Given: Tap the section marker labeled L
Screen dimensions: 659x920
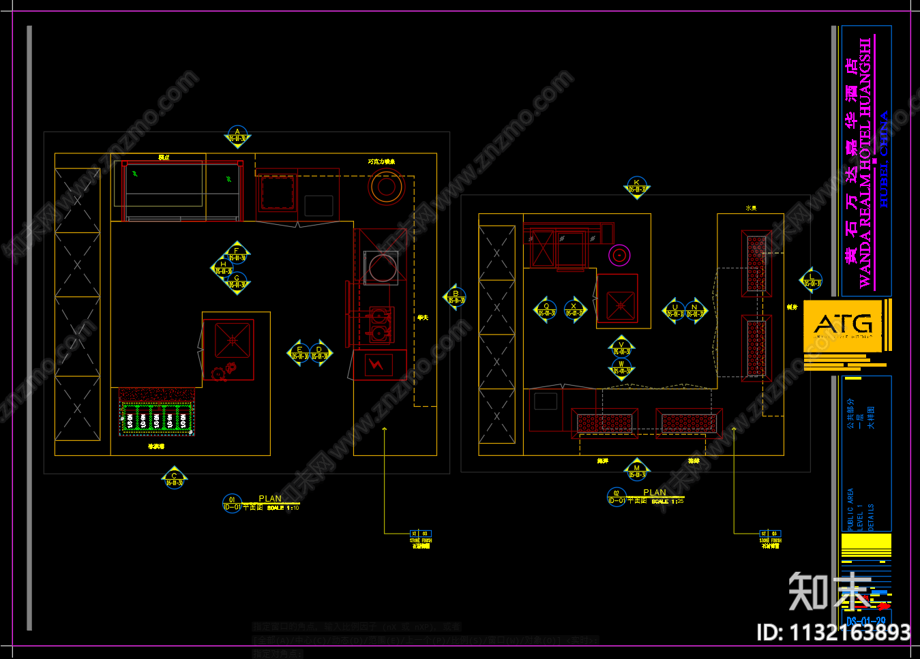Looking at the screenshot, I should [811, 280].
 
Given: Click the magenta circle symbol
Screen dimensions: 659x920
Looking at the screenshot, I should [619, 256].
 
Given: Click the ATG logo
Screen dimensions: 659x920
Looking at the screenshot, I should [844, 325].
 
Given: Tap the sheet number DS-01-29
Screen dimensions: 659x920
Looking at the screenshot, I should [865, 621].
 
